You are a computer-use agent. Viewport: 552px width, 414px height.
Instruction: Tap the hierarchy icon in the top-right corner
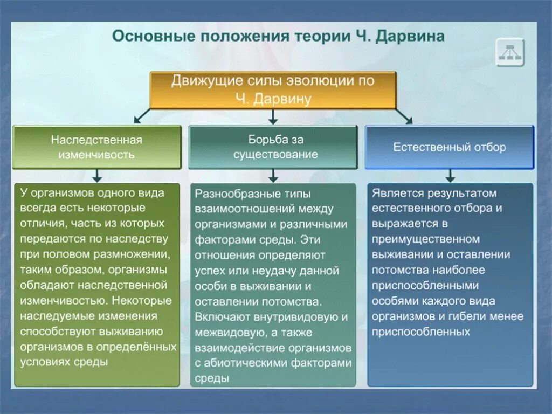pos(510,52)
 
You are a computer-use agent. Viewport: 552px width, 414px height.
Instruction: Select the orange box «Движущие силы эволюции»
pos(273,89)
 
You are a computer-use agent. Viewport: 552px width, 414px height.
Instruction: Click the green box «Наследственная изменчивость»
pos(97,147)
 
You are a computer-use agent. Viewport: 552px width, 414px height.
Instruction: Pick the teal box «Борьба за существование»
pos(273,147)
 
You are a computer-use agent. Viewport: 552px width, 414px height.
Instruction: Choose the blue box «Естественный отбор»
pos(449,147)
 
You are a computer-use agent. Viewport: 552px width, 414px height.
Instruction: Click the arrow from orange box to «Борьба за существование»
pos(273,116)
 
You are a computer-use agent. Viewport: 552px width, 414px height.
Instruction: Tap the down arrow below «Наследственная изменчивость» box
pos(97,175)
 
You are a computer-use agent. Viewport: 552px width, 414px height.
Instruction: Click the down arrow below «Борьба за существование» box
pos(273,175)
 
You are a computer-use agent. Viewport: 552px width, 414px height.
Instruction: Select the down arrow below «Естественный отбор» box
pos(450,175)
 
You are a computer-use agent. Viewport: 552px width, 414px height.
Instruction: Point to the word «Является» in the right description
pos(395,193)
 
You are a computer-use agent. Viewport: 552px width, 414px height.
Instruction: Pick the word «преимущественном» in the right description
pos(425,239)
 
